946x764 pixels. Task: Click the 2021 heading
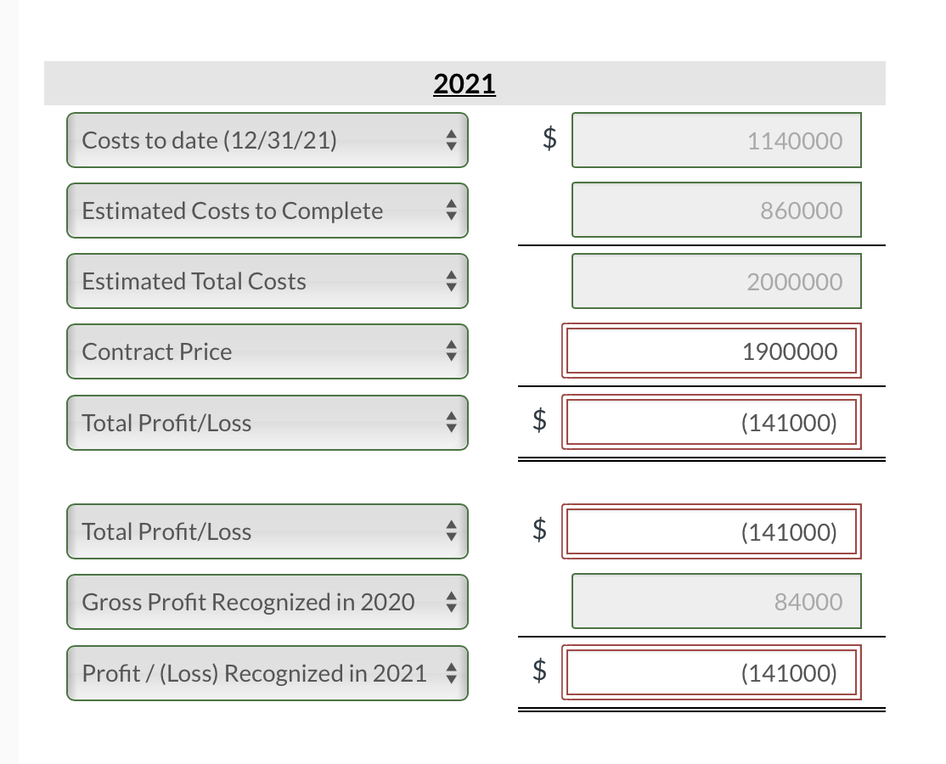465,84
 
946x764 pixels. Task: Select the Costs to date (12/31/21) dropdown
267,140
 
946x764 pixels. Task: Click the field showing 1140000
716,140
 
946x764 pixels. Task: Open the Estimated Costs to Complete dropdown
267,211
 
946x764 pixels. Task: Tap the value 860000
716,211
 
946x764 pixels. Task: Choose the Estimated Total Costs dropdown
267,281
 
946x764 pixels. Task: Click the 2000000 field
716,281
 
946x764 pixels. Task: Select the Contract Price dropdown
267,351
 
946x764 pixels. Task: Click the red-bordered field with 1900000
712,351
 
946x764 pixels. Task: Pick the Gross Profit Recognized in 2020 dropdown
267,602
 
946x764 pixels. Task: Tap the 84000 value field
716,602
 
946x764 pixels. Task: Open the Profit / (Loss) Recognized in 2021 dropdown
267,673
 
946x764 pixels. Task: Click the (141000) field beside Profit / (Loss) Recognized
712,673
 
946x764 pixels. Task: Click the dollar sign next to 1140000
550,139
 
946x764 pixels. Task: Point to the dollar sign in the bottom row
539,672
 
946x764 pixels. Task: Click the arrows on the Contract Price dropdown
451,351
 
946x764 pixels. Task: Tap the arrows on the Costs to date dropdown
451,140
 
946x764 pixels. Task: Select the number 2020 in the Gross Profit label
387,602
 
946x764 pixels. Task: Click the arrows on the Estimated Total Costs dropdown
451,281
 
